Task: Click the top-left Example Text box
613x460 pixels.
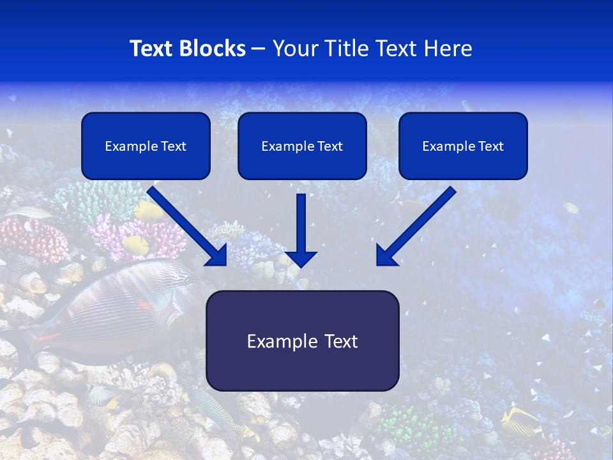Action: [146, 146]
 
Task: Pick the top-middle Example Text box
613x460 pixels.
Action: [302, 146]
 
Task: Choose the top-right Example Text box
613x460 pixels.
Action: [463, 146]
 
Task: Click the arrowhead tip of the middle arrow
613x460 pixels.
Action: [301, 264]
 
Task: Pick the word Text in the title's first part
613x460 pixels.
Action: [151, 49]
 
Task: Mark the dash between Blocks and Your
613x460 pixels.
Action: [259, 49]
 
